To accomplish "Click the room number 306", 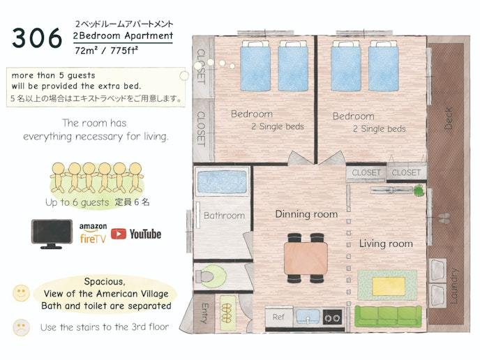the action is (37, 38).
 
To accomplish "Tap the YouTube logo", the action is (136, 234).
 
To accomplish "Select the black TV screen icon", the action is (52, 234).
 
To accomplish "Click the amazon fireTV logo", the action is (93, 233).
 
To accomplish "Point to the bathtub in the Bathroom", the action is (222, 181).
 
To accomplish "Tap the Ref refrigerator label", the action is (278, 317).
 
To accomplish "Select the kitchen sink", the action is (308, 317).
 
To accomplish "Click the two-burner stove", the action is (333, 318).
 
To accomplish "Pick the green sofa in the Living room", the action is (388, 316).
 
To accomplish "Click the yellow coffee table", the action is (389, 286).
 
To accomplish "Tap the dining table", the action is (306, 258).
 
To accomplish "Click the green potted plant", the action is (418, 190).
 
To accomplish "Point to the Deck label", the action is (448, 118).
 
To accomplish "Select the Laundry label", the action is (454, 286).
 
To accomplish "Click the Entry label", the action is (205, 313).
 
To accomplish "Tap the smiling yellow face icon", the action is (21, 293).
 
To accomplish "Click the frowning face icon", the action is (21, 327).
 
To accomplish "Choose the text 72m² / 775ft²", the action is (106, 50).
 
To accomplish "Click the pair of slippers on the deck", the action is (444, 218).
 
